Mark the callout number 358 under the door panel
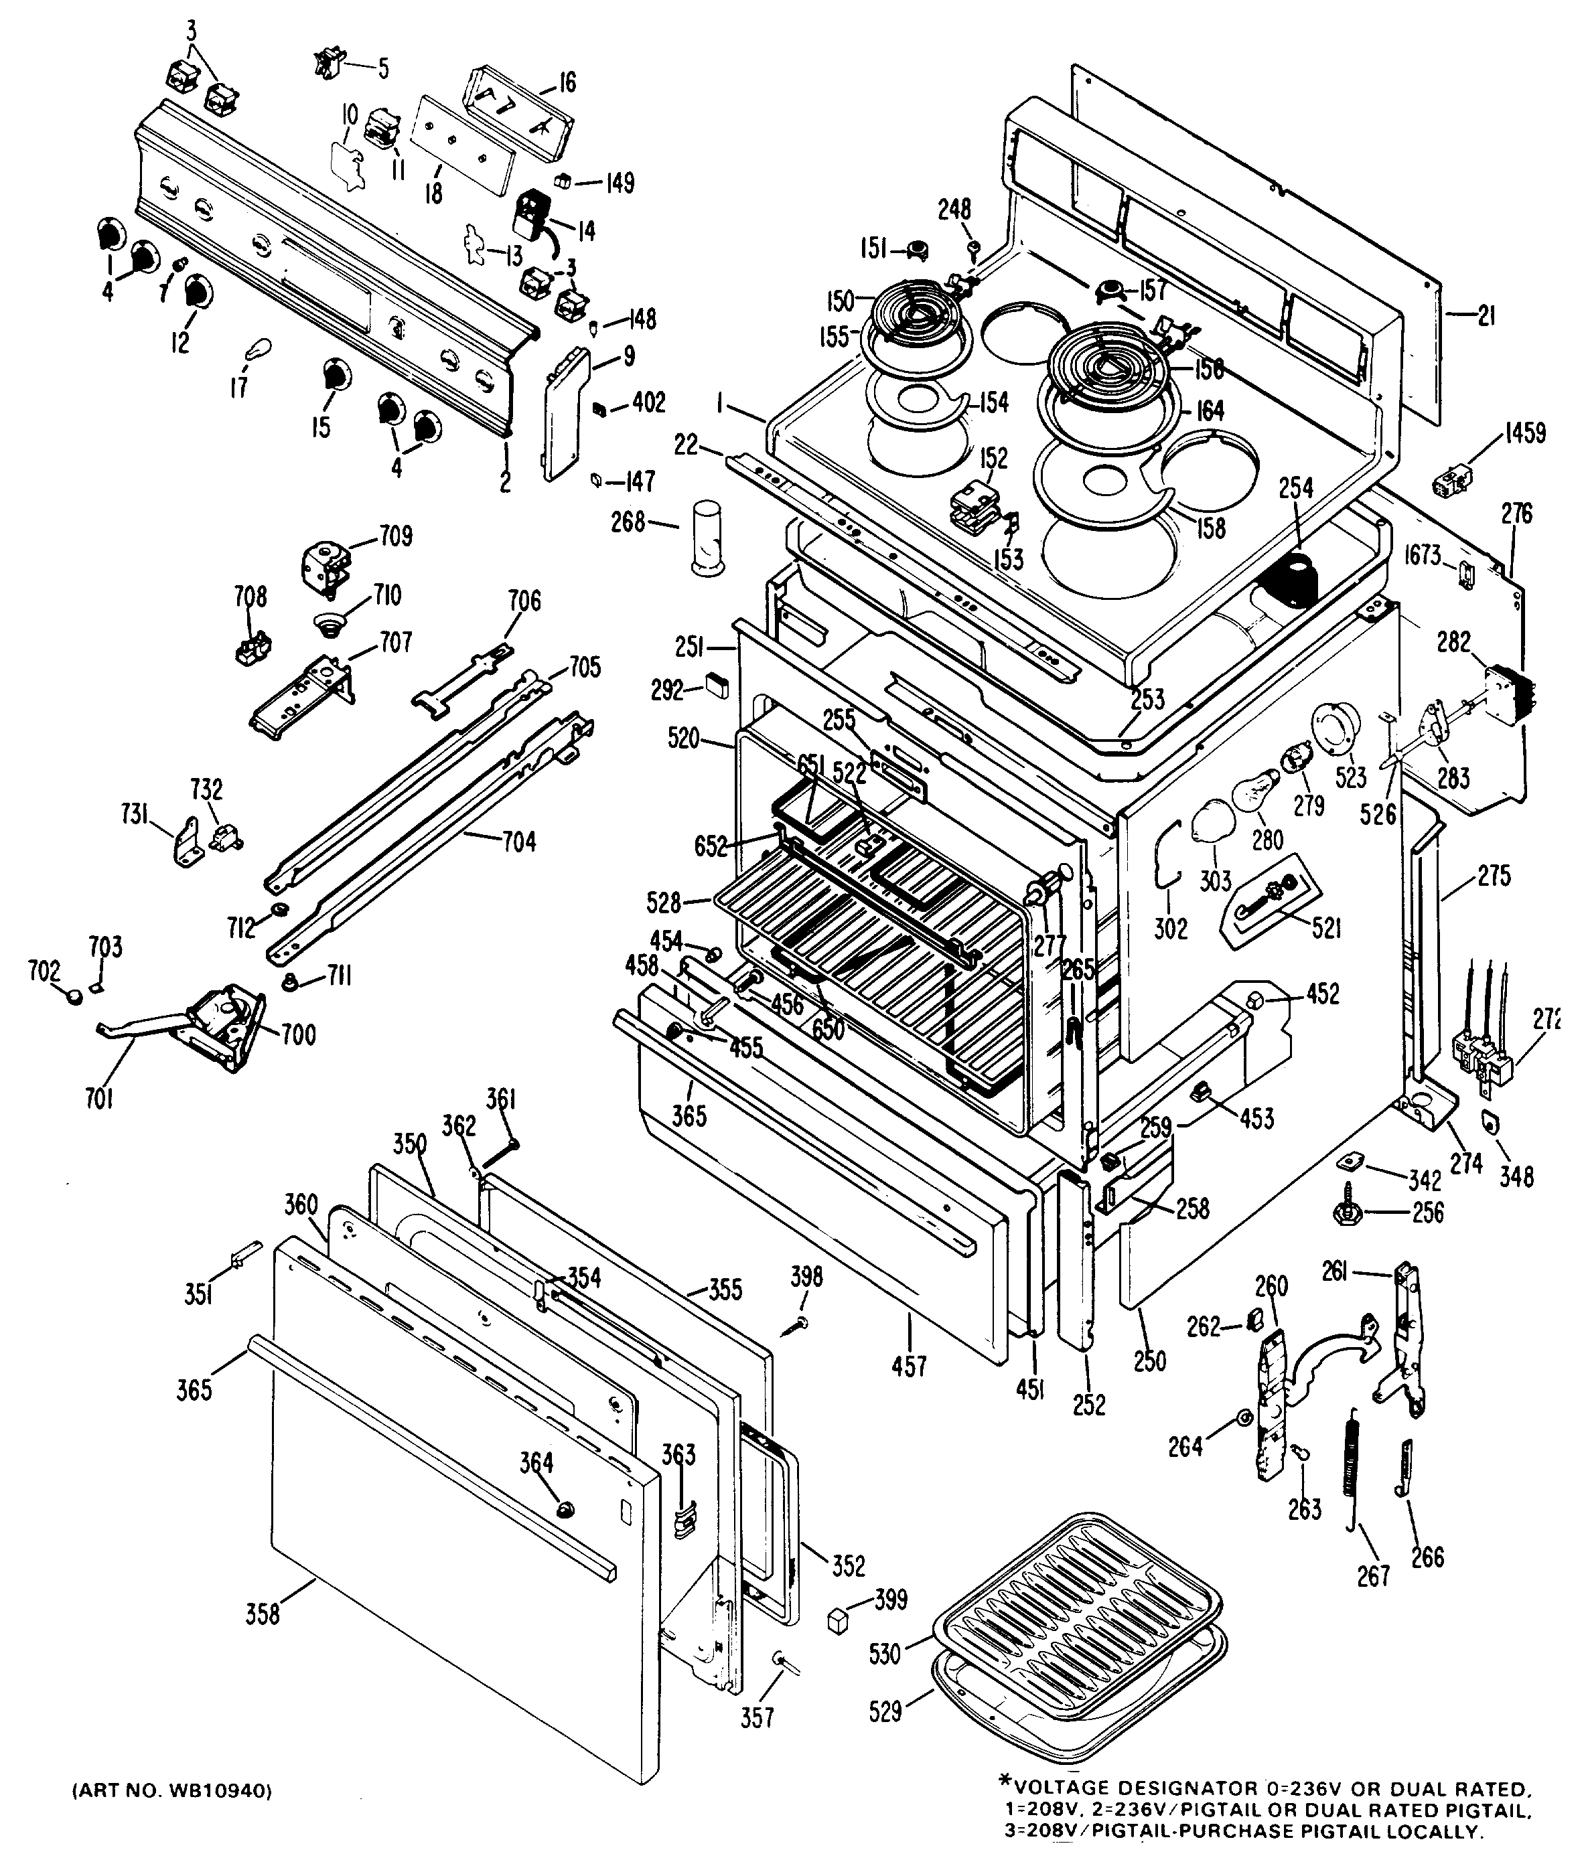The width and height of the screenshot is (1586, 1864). coord(263,1614)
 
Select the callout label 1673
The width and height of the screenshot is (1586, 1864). coord(1423,556)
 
